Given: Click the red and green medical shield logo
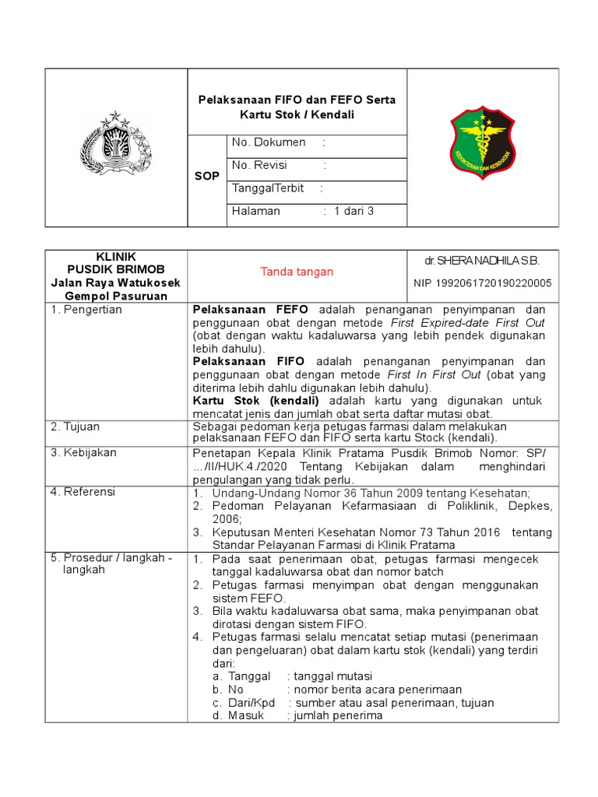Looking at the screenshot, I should pos(483,143).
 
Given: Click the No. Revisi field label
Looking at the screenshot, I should pos(260,166).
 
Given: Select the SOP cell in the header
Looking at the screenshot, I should pos(206,177).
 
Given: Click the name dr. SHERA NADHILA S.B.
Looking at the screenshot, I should pos(481,260).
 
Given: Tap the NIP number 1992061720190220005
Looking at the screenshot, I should pos(481,283).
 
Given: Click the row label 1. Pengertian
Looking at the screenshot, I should pos(86,310).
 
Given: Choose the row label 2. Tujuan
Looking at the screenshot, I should pos(76,427).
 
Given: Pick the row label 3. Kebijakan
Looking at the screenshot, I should pos(83,452).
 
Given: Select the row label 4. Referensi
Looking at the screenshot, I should pos(83,491).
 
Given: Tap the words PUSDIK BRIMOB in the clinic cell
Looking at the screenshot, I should pos(116,269).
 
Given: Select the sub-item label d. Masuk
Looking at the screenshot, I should pos(237,715).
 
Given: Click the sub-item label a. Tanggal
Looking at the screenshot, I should pos(241,676).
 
